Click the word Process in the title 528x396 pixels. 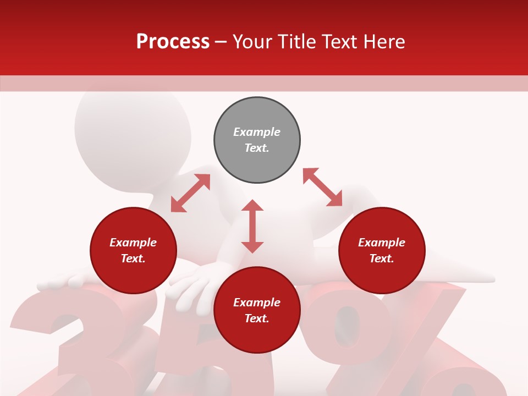[173, 42]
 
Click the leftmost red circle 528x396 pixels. [133, 250]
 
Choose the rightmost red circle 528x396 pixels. [382, 250]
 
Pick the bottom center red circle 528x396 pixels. [257, 310]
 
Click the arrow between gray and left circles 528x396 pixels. [190, 193]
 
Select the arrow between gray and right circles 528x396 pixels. [322, 188]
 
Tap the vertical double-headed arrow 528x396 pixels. [252, 226]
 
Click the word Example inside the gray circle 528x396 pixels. [257, 132]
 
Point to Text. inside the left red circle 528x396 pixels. [133, 258]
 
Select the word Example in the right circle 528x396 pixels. [382, 243]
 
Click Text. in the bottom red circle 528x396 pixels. [257, 318]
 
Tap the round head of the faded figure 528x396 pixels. [132, 132]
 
